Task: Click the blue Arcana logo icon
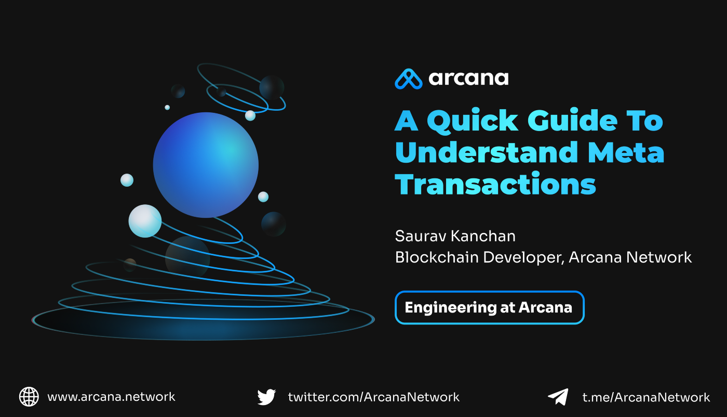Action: pyautogui.click(x=409, y=79)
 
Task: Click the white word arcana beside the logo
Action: pyautogui.click(x=468, y=79)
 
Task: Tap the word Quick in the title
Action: pyautogui.click(x=473, y=122)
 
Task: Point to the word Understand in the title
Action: pyautogui.click(x=487, y=152)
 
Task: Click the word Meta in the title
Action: pyautogui.click(x=626, y=152)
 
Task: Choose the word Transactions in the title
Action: pyautogui.click(x=495, y=184)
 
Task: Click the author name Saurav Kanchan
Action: pyautogui.click(x=455, y=236)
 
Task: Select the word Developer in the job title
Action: pyautogui.click(x=524, y=258)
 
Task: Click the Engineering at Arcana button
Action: pyautogui.click(x=489, y=307)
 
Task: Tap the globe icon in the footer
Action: pyautogui.click(x=29, y=397)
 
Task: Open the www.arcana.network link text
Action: pyautogui.click(x=111, y=397)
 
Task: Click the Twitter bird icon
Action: pyautogui.click(x=266, y=397)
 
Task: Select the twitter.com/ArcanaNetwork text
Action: pyautogui.click(x=373, y=397)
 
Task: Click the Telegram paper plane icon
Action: pyautogui.click(x=558, y=397)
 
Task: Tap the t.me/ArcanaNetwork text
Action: pyautogui.click(x=646, y=397)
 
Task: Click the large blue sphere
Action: pyautogui.click(x=206, y=165)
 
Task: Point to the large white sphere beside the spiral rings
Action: pyautogui.click(x=145, y=221)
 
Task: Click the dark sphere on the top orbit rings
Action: pyautogui.click(x=272, y=87)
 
